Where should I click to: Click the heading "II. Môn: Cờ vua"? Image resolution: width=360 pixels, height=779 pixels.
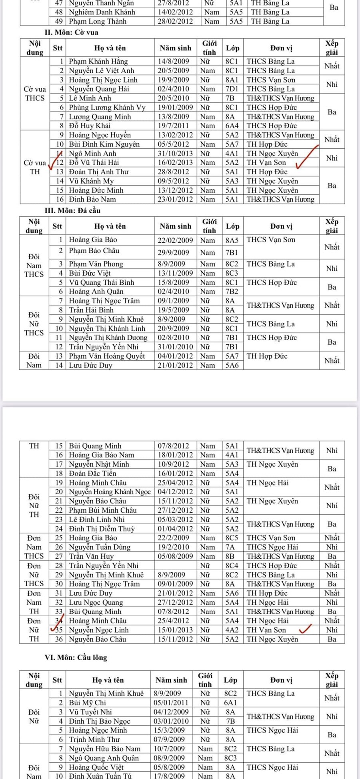[x=71, y=32]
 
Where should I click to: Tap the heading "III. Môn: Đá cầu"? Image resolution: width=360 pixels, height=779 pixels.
[x=72, y=210]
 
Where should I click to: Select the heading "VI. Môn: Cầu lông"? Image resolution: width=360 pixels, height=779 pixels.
[x=76, y=657]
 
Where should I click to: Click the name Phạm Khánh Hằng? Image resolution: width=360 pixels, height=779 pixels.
[x=98, y=61]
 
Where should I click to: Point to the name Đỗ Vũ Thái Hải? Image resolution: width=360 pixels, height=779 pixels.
[x=94, y=162]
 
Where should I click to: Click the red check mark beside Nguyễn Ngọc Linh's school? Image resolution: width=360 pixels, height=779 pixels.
[x=305, y=629]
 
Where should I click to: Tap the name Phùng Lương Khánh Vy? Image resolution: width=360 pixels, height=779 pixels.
[x=107, y=107]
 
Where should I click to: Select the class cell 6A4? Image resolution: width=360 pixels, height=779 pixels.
[x=232, y=126]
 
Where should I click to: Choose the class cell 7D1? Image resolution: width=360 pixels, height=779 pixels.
[x=232, y=89]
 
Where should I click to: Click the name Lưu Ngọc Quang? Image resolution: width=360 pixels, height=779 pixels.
[x=96, y=602]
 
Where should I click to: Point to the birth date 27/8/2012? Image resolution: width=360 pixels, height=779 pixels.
[x=173, y=3]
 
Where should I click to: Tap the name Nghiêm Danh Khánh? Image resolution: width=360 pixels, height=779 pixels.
[x=102, y=12]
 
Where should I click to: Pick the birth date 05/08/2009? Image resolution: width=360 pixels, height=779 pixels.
[x=175, y=556]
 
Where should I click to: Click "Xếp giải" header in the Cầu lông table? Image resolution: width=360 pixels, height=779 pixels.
[x=332, y=680]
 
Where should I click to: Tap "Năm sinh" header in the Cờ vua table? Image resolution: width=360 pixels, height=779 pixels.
[x=175, y=48]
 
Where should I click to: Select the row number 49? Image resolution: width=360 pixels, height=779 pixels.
[x=59, y=21]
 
